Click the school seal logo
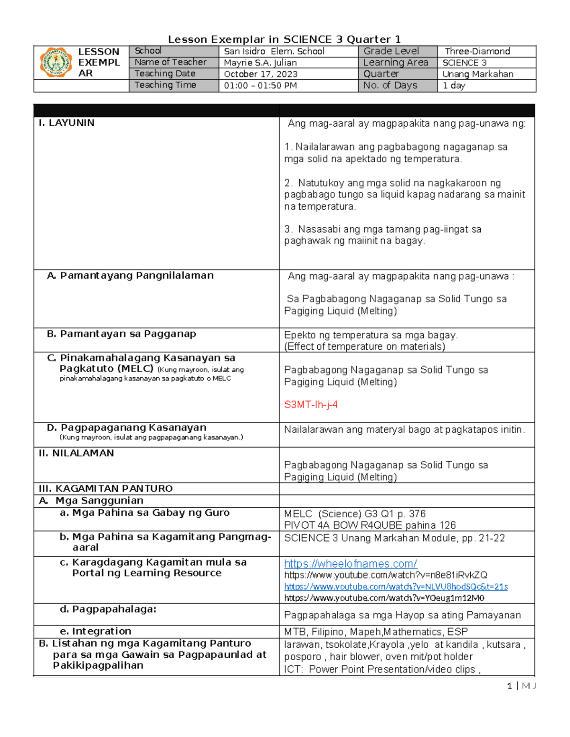coord(56,62)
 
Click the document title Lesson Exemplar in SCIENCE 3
coord(285,39)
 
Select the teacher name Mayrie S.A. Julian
coord(260,63)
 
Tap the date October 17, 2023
coord(261,74)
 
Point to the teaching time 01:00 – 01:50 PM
coord(260,85)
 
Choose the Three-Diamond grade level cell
coord(477,51)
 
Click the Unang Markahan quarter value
coord(477,74)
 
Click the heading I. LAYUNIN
coord(66,123)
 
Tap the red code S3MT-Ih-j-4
coord(311,405)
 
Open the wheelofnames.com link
coord(351,564)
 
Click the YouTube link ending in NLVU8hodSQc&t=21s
coord(396,587)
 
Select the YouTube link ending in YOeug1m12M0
coord(384,598)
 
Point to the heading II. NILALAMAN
coord(76,453)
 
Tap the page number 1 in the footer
coord(510,686)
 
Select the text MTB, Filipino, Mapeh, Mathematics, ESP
coord(376,632)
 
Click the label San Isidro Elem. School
coord(274,51)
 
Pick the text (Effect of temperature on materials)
coord(364,346)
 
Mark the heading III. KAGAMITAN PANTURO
coord(105,489)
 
